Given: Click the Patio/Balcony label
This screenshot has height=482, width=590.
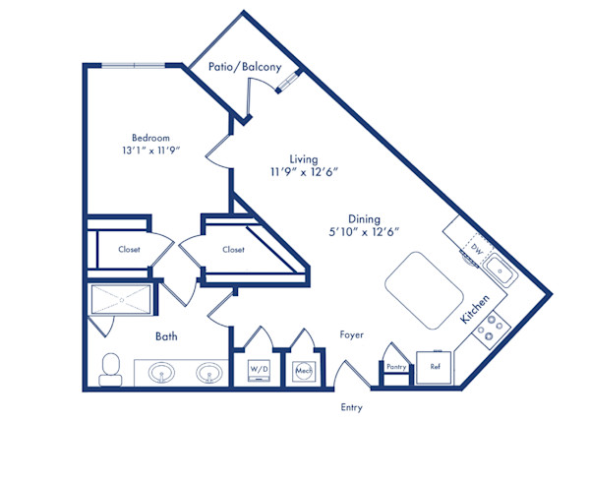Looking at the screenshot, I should (245, 67).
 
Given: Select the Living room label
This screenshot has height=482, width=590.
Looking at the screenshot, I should (302, 158).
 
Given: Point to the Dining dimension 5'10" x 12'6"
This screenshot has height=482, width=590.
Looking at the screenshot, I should (364, 231).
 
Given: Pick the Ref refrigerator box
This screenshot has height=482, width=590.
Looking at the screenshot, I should (435, 367).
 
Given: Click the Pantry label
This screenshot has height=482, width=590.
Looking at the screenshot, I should (396, 367).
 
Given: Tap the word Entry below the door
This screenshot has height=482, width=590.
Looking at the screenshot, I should (351, 407).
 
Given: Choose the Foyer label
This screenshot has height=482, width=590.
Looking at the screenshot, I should (351, 335).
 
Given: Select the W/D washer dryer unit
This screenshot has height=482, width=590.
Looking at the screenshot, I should (259, 370).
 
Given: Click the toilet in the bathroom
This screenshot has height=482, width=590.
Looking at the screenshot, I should (109, 368).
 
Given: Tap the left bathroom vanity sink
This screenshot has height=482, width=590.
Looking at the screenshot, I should (161, 373).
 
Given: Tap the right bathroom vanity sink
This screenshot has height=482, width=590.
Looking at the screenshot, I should (207, 373).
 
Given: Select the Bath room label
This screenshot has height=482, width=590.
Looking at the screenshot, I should (166, 335).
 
